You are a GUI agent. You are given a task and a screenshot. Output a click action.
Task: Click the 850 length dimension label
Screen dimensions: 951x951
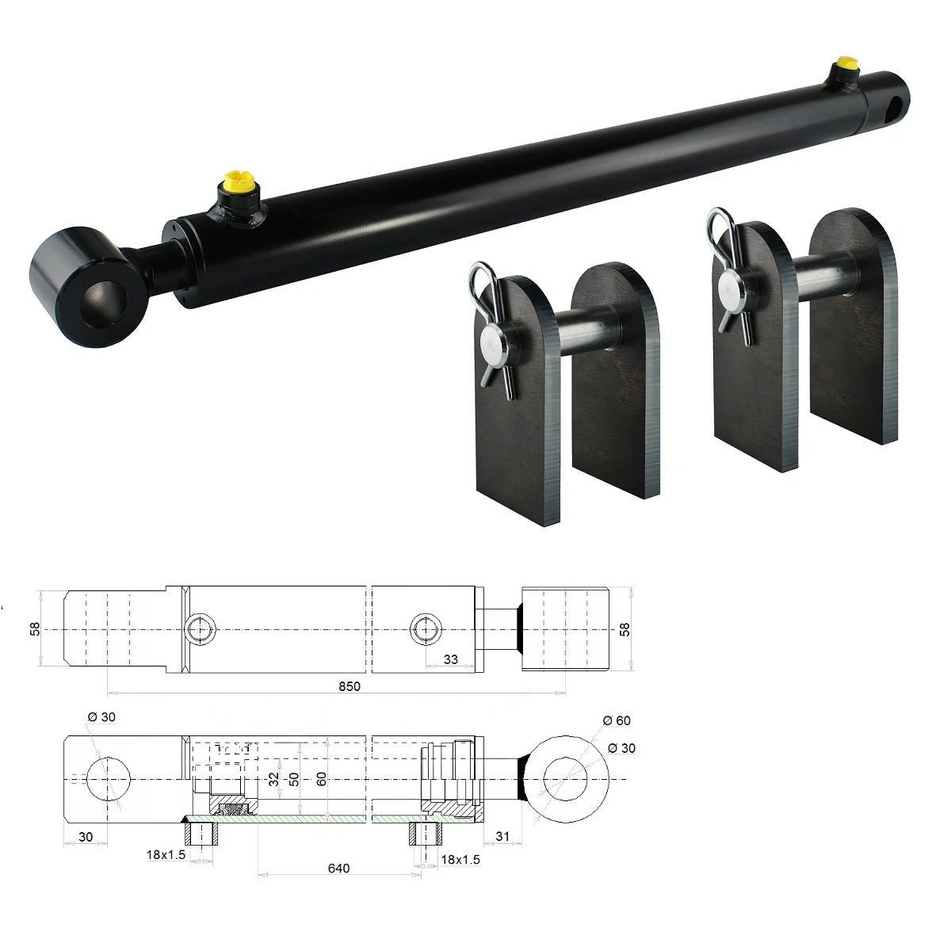349,686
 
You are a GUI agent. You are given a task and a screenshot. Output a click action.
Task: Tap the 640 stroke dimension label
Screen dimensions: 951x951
338,868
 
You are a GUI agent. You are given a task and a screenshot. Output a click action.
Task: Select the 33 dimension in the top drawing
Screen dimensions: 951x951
451,659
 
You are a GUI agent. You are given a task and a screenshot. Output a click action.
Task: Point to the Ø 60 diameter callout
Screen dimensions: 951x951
617,720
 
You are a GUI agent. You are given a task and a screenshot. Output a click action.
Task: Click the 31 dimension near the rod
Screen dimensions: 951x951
502,836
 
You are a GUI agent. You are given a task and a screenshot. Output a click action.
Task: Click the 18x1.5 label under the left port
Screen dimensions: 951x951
166,854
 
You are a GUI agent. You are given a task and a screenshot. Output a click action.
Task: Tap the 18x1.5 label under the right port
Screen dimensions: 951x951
460,859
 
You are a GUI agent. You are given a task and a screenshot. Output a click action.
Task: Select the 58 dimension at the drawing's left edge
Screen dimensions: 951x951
35,628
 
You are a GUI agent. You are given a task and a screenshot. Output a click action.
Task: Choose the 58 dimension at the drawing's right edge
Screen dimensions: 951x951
624,629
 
